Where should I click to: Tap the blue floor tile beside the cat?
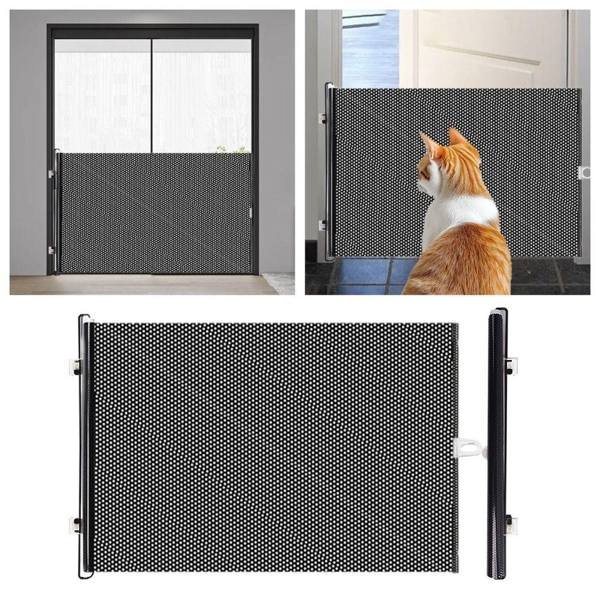(360, 273)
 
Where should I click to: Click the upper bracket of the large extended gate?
(76, 365)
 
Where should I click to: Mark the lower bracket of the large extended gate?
(76, 526)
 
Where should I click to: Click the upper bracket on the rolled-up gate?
(511, 365)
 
